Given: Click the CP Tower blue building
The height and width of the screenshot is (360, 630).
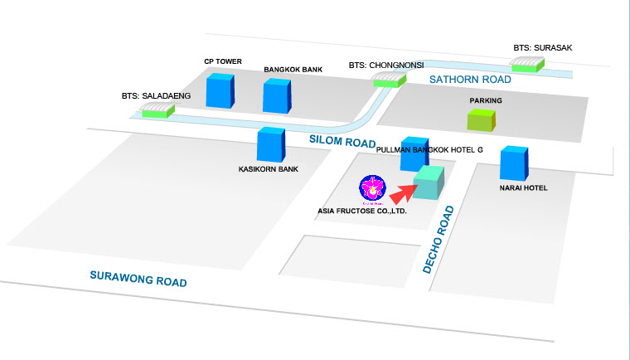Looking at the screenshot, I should (x=220, y=91).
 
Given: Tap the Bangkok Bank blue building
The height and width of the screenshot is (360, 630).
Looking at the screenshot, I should (x=277, y=95).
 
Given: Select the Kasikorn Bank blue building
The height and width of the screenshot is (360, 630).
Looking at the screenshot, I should (x=270, y=145).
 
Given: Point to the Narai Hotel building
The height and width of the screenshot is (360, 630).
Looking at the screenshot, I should (x=513, y=163).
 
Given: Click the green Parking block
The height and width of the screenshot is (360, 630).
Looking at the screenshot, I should (x=481, y=119).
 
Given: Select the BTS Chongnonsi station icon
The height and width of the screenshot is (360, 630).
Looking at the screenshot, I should (x=388, y=79).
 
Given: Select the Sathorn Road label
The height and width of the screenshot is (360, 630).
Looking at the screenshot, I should (x=469, y=80).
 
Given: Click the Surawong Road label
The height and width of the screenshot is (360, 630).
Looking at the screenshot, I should (x=138, y=279).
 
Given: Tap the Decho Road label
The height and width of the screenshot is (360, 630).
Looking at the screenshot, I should (x=440, y=240).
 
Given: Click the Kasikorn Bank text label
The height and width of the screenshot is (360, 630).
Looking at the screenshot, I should (x=268, y=169).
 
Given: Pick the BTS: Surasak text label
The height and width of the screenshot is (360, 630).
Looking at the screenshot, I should (x=542, y=48).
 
